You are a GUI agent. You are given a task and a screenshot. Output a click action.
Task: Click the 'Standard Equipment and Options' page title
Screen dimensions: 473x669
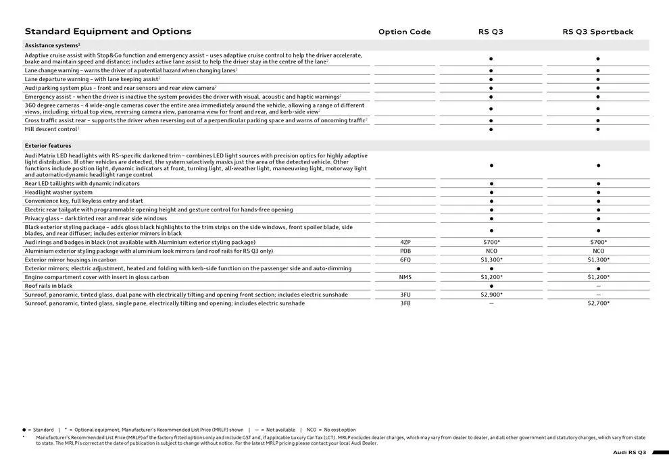click(x=108, y=31)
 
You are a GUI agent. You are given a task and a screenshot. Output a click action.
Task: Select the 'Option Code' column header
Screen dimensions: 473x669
click(x=404, y=32)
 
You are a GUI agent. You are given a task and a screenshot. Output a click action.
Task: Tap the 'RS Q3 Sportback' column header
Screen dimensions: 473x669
click(x=598, y=32)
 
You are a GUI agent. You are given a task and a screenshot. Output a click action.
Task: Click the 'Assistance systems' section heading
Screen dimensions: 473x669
click(x=51, y=45)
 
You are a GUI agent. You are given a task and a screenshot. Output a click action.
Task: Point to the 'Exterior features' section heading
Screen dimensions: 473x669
click(x=48, y=145)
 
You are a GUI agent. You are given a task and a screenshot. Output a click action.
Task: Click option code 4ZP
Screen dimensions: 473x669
click(x=405, y=242)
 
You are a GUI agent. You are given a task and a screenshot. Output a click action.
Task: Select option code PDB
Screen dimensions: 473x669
click(x=405, y=251)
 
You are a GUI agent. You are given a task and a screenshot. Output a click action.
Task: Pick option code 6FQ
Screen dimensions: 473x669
click(x=405, y=259)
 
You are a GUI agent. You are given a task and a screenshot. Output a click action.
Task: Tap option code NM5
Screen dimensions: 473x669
click(x=405, y=277)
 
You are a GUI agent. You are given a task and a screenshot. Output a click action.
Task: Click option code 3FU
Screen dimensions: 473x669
click(x=405, y=295)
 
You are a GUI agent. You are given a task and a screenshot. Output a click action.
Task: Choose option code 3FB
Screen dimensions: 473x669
click(x=405, y=303)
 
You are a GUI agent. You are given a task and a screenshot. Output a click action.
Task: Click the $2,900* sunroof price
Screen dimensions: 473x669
click(x=491, y=295)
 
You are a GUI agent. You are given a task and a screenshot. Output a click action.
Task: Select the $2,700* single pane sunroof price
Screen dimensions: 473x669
click(x=598, y=303)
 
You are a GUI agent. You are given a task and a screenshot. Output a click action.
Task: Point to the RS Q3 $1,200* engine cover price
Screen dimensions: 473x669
click(x=491, y=277)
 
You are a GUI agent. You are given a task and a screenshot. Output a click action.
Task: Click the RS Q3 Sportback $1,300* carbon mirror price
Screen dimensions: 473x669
click(x=598, y=259)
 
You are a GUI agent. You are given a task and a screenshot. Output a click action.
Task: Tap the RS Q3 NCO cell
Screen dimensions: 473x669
click(x=491, y=251)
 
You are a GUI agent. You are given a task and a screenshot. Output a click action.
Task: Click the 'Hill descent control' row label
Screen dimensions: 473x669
click(x=51, y=129)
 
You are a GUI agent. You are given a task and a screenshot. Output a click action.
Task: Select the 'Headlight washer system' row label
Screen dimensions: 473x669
click(x=58, y=192)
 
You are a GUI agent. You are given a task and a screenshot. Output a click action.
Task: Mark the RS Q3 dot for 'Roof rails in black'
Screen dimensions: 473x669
click(x=491, y=286)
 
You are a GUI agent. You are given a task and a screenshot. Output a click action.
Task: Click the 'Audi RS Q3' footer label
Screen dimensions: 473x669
click(x=629, y=452)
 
